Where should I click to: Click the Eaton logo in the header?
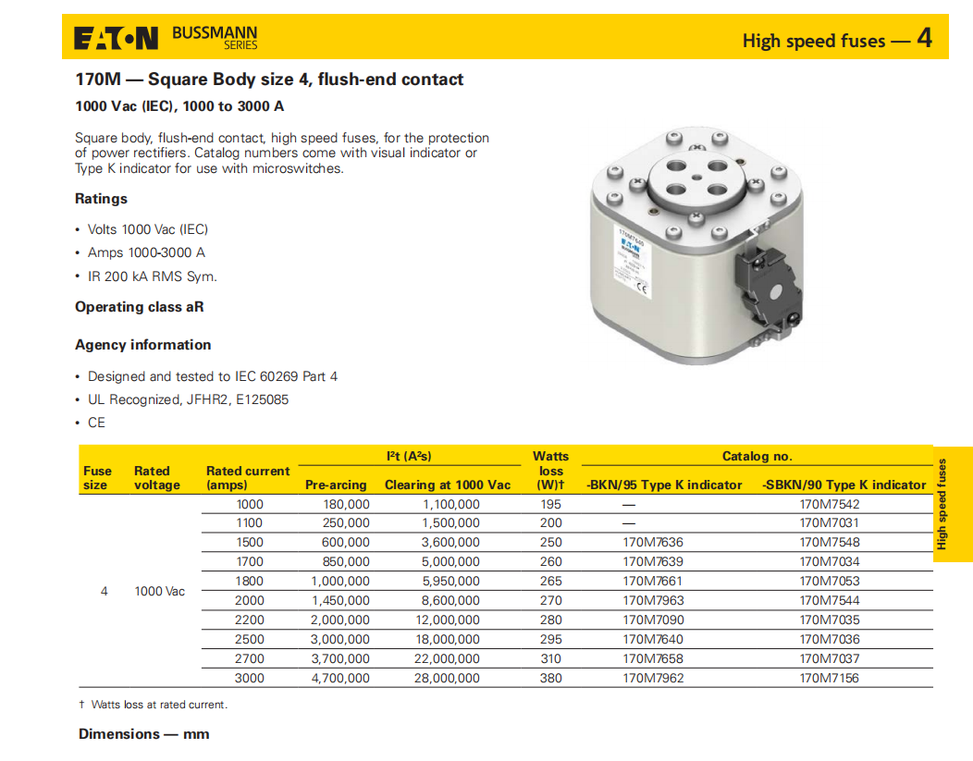click(117, 38)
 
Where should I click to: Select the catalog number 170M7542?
click(829, 504)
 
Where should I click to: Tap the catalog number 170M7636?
click(653, 542)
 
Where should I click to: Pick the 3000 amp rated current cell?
click(249, 678)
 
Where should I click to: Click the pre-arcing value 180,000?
click(347, 504)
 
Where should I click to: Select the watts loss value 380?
click(550, 678)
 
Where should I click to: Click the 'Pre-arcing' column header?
click(336, 485)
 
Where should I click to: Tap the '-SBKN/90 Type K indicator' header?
click(844, 485)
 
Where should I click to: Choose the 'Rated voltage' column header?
click(157, 478)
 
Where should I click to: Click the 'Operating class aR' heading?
click(139, 307)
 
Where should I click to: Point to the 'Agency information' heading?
click(142, 345)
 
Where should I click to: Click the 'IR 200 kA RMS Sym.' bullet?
click(152, 276)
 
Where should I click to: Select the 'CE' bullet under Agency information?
click(96, 423)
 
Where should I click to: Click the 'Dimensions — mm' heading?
click(143, 734)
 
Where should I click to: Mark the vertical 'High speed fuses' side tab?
click(942, 504)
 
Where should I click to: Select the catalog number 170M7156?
click(829, 678)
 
